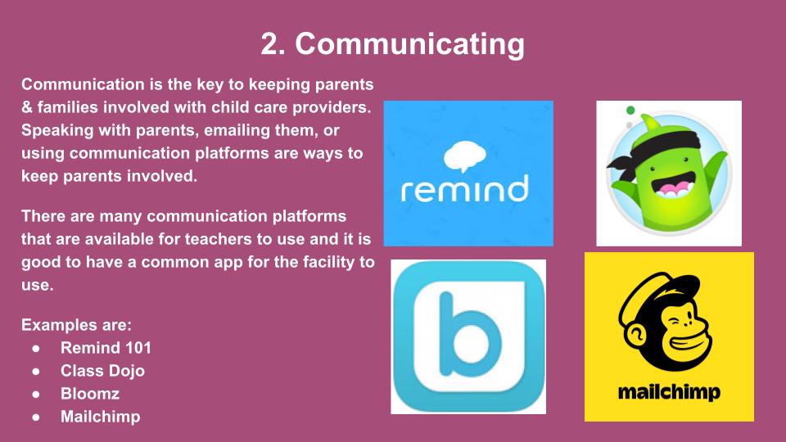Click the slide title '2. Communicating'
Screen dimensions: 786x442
(x=392, y=44)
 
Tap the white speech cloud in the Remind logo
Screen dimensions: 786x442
(x=465, y=156)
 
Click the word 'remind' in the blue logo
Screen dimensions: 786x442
(x=465, y=188)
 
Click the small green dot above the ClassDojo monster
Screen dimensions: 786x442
(x=630, y=110)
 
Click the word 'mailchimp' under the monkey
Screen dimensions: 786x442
(x=669, y=392)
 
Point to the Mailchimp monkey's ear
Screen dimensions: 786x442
(x=636, y=334)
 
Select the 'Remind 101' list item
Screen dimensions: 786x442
(x=106, y=348)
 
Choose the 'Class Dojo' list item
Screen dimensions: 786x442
(x=103, y=371)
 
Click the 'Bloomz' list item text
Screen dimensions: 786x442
(x=90, y=394)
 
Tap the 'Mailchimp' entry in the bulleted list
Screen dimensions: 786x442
(x=100, y=417)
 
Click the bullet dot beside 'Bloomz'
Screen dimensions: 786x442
(x=35, y=395)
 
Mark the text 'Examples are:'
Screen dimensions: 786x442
(x=76, y=325)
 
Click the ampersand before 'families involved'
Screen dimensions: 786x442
(x=27, y=107)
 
